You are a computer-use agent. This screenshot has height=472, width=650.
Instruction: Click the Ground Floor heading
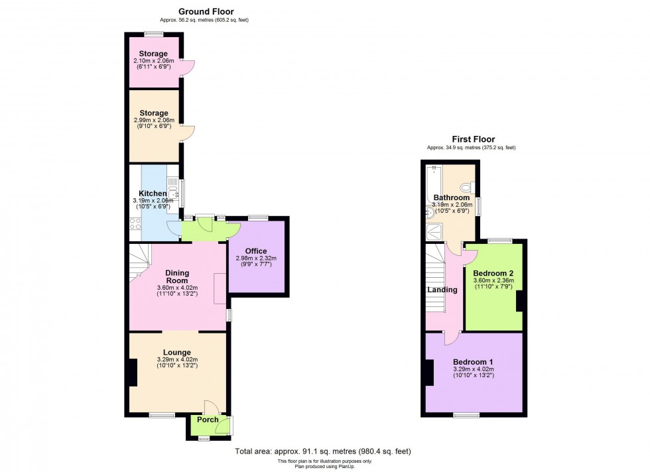tap(206, 11)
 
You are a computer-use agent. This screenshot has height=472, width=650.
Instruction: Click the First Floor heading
tap(473, 139)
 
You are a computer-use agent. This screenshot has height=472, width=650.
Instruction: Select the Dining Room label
tap(177, 277)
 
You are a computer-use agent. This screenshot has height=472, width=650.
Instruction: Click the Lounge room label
tap(177, 352)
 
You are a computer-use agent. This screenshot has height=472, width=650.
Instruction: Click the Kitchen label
tap(153, 194)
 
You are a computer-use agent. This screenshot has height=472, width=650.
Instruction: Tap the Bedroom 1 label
tap(473, 361)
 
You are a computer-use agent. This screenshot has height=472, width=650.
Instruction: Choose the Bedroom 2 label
tap(493, 273)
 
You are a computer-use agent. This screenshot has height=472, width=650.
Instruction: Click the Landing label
tap(442, 290)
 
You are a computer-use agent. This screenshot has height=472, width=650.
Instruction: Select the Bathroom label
tap(452, 198)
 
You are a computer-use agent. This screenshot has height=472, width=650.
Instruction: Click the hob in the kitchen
tap(135, 225)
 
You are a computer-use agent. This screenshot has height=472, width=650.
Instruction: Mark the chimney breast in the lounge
tap(133, 373)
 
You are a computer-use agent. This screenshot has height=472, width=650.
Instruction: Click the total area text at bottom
tap(323, 451)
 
